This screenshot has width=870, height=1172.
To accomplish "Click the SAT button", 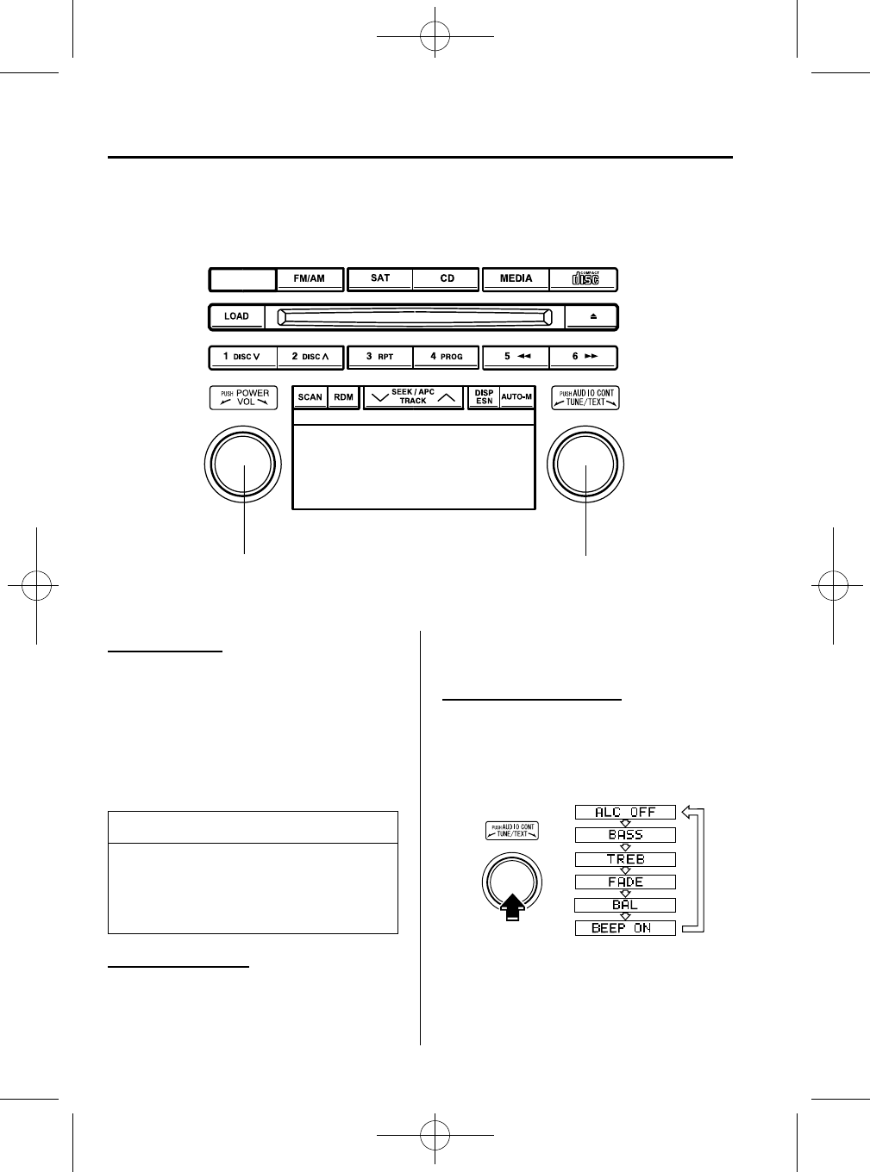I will [x=380, y=278].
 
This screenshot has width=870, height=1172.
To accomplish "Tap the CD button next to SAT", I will [x=447, y=278].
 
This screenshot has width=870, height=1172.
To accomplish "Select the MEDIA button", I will [x=516, y=278].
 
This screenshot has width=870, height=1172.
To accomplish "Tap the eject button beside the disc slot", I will [x=592, y=316].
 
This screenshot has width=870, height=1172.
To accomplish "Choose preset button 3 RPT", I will [x=379, y=357].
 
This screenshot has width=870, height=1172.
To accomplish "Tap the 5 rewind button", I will [x=516, y=357].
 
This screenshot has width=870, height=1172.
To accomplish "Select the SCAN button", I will [x=310, y=397].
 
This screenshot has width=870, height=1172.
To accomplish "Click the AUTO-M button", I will [x=516, y=397].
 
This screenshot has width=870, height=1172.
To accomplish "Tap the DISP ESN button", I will [x=484, y=397].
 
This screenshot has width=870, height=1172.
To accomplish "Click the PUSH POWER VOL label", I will [x=244, y=397].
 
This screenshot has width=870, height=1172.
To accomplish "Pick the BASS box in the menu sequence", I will [x=625, y=835].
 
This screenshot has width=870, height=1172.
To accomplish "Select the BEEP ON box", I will [x=625, y=928].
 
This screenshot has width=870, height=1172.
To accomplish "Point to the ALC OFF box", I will [x=625, y=812].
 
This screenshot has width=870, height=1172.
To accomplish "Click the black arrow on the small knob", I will [x=511, y=907].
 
